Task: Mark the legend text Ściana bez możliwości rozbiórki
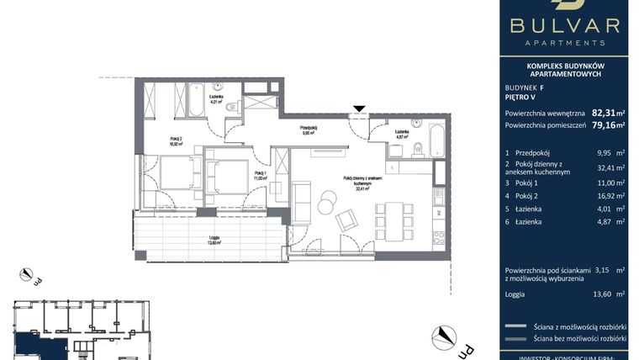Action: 580,338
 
